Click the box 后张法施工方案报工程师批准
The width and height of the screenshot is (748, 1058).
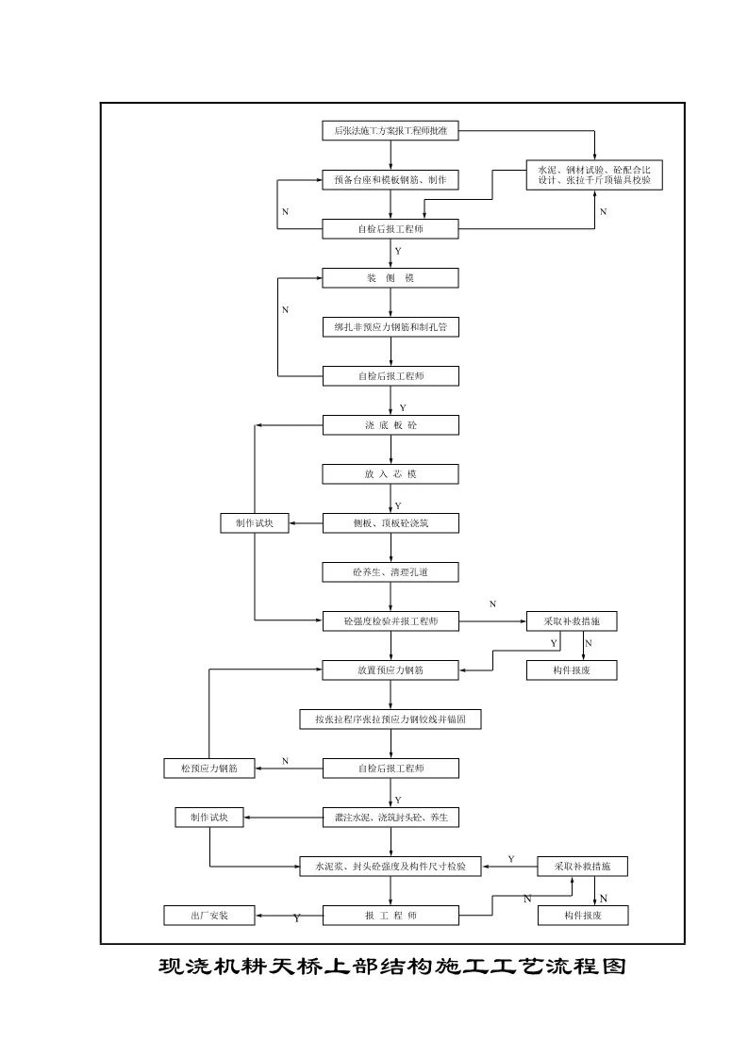coord(391,132)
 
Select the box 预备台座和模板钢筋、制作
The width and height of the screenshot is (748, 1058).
coord(391,179)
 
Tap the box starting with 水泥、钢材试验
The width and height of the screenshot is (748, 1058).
coord(594,174)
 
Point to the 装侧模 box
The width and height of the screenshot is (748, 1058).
coord(391,278)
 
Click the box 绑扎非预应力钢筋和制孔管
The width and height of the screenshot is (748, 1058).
coord(391,326)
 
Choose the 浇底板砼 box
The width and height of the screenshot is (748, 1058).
coord(391,425)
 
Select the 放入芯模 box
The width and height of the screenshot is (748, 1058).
coord(391,474)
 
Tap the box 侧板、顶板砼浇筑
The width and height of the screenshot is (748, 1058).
coord(391,522)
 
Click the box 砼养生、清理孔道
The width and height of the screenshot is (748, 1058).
coord(391,571)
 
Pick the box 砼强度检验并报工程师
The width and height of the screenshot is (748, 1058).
coord(391,621)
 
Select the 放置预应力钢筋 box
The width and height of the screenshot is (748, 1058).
coord(391,670)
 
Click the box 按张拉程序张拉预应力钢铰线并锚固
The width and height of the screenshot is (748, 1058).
coord(391,719)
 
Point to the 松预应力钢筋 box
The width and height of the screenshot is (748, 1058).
coord(208,769)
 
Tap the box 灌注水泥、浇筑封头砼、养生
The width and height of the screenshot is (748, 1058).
coord(391,818)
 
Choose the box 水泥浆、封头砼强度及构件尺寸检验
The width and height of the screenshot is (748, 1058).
coord(391,866)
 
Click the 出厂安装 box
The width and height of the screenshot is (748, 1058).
coord(208,915)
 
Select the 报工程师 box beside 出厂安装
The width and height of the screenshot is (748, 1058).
coord(391,915)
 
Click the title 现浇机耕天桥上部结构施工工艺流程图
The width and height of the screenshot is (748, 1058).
coord(391,968)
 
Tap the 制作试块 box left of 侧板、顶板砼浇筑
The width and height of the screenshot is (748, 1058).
coord(254,522)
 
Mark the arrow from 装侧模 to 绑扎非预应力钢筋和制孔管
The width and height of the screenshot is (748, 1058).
coord(391,302)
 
